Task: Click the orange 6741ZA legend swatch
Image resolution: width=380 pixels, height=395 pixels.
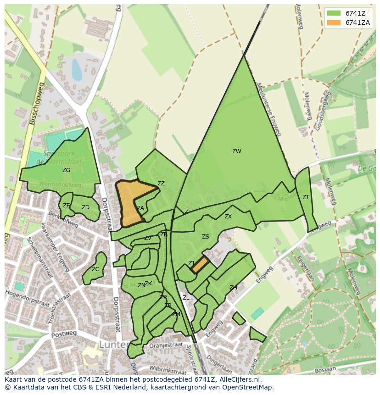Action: [x=334, y=22]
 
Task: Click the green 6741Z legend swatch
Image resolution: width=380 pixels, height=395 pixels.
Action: [x=334, y=13]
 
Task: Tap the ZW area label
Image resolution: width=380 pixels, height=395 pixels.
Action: [x=236, y=151]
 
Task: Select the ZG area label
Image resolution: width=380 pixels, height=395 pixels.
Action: [x=67, y=170]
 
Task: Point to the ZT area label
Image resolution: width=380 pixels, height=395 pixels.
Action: [x=306, y=197]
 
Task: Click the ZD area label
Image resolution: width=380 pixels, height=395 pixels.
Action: [x=85, y=207]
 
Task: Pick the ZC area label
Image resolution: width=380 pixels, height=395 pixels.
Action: [x=95, y=269]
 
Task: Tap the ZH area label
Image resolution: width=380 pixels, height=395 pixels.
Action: [x=233, y=288]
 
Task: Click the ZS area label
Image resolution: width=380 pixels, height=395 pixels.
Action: [x=206, y=237]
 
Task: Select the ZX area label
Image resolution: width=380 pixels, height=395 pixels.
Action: [x=228, y=217]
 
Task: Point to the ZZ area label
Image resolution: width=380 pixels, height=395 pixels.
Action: [x=161, y=184]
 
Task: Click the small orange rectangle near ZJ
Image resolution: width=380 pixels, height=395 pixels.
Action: [x=200, y=265]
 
